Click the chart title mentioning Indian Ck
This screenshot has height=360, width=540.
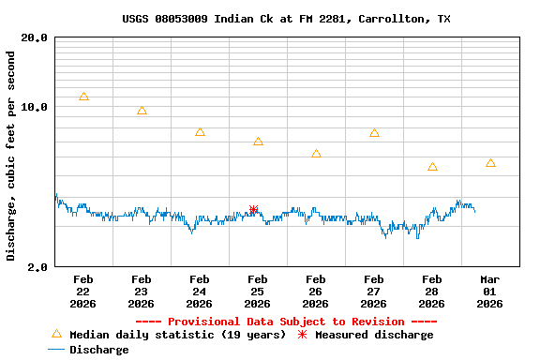(x=286, y=19)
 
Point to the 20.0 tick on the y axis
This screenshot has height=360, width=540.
(x=36, y=38)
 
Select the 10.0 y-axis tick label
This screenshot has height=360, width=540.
(x=36, y=107)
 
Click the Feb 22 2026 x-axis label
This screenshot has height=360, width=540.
(x=83, y=291)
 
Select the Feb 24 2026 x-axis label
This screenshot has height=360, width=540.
(x=199, y=291)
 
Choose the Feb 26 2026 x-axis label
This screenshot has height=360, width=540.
(x=315, y=291)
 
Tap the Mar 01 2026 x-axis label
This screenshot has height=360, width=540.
(x=490, y=291)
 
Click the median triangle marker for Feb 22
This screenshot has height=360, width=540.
(x=84, y=97)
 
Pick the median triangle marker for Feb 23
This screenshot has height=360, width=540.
(x=142, y=111)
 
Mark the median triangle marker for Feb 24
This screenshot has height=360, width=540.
(x=200, y=132)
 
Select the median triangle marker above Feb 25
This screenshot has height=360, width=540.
(x=258, y=142)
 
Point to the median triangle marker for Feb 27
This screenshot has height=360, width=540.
(x=374, y=133)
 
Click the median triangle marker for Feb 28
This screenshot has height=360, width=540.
(x=432, y=167)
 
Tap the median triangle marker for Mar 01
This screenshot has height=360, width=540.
(x=490, y=163)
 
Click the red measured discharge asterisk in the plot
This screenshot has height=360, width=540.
(x=253, y=209)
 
